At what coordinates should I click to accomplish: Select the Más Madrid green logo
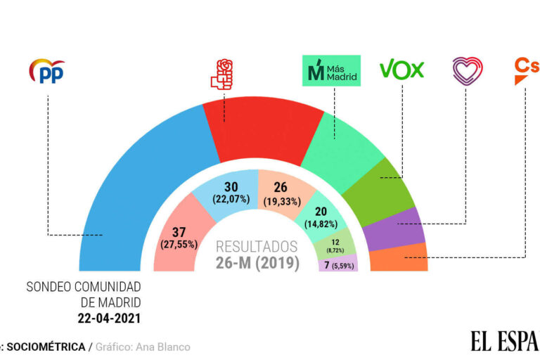pyautogui.click(x=330, y=71)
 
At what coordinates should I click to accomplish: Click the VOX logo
pyautogui.click(x=401, y=70)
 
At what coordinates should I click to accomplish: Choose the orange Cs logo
pyautogui.click(x=526, y=70)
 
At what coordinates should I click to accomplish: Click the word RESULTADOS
pyautogui.click(x=256, y=247)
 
